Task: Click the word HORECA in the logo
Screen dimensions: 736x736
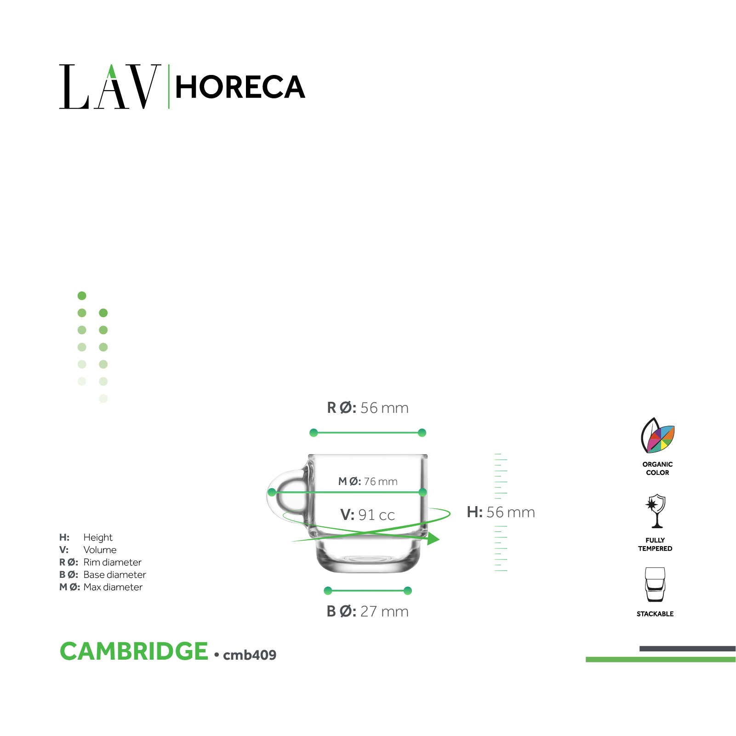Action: coord(240,87)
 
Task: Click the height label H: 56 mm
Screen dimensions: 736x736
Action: coord(501,512)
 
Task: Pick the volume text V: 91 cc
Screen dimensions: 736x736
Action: coord(367,515)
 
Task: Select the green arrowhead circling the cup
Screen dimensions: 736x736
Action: coord(433,539)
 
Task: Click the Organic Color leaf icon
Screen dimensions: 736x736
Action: coord(657,435)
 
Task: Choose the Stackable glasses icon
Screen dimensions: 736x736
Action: coord(655,585)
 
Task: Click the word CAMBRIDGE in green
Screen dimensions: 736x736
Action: coord(134,651)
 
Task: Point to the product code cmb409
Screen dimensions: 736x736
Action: coord(250,655)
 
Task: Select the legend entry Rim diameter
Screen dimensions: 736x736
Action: coord(113,562)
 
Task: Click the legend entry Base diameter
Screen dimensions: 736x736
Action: coord(115,575)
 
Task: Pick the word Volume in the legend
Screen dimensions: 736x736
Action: coord(100,550)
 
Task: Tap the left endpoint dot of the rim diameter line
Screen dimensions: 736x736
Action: coord(314,433)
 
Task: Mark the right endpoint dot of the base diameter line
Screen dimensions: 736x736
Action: coord(407,591)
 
